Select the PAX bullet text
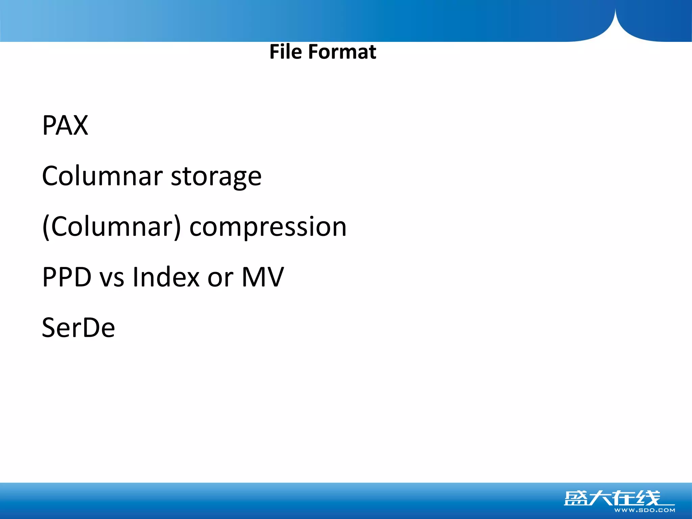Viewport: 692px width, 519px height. click(65, 125)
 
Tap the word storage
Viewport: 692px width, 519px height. click(216, 177)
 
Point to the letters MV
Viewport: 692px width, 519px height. click(263, 277)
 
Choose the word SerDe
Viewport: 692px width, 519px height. click(78, 328)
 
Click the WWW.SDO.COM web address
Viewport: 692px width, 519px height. click(645, 510)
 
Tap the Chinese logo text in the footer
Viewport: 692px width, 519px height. click(612, 498)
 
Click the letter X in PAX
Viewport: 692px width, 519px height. click(80, 125)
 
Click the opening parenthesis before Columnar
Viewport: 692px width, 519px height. click(46, 227)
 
